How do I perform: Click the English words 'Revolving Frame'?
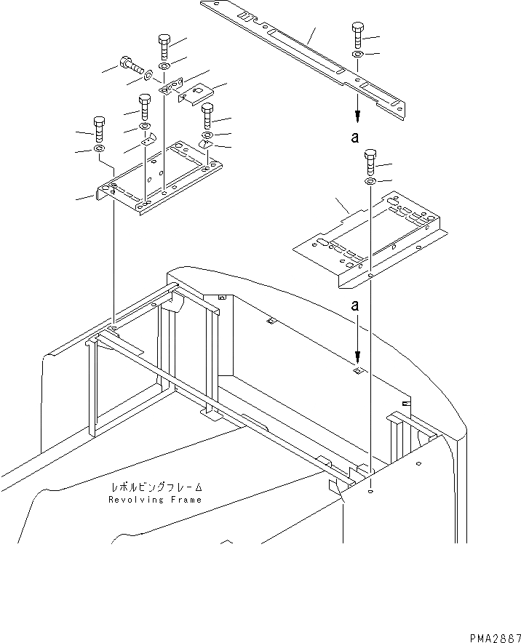click(155, 500)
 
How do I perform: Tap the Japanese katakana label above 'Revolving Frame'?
click(156, 488)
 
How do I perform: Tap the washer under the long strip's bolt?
click(357, 55)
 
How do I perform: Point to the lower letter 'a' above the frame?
click(357, 308)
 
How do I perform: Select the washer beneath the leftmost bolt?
click(98, 150)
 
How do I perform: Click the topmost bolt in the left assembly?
click(163, 45)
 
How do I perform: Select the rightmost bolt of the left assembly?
click(207, 114)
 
